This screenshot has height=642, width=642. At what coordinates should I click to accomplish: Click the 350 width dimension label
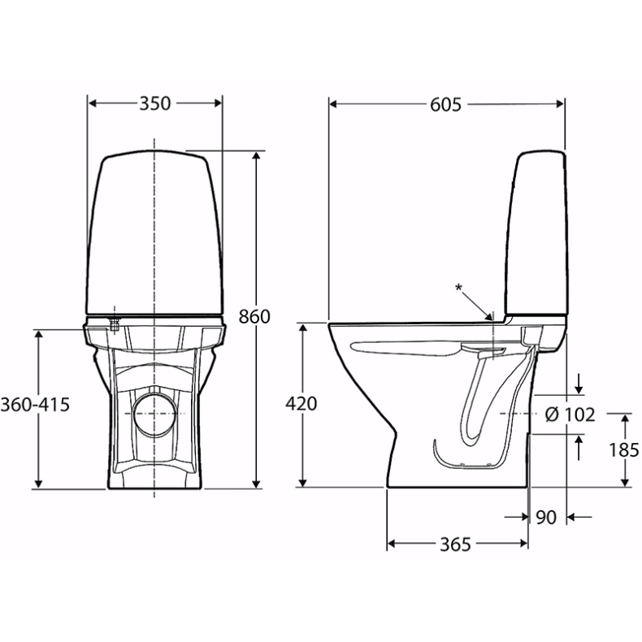click(154, 103)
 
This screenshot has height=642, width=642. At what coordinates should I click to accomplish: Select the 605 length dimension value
click(445, 105)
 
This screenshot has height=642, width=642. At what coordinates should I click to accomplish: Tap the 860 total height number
click(254, 316)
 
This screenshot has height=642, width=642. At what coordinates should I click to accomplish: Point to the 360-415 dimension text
click(35, 405)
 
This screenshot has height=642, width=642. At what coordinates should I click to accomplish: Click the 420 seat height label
click(301, 404)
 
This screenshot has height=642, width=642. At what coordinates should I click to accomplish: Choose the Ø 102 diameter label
click(570, 415)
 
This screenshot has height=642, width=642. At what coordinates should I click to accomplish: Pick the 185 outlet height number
click(623, 450)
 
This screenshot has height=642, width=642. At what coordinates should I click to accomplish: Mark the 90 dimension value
click(546, 518)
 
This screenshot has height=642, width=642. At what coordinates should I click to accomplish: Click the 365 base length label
click(455, 544)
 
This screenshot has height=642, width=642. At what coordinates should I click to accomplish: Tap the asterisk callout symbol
click(458, 288)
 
